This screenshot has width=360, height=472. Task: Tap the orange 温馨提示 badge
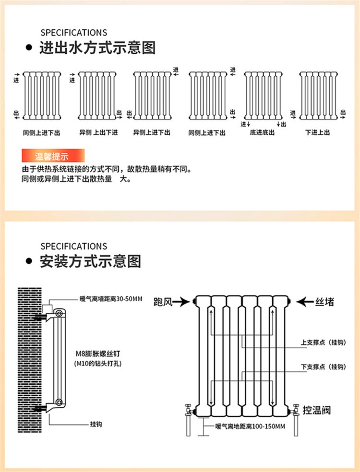click(52, 156)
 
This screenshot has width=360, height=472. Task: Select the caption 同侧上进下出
click(42, 132)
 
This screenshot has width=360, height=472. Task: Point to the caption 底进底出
click(262, 132)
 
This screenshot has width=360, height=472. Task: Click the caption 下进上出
click(317, 132)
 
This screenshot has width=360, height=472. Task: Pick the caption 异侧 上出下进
click(98, 132)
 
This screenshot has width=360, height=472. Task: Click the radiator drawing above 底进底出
click(262, 95)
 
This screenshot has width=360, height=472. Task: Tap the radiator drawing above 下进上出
click(317, 95)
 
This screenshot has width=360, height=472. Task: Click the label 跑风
click(162, 302)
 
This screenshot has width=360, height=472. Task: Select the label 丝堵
click(324, 302)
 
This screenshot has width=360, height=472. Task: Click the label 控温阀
click(317, 410)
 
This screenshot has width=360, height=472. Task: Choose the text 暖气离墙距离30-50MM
click(111, 299)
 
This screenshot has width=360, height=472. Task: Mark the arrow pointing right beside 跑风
click(182, 302)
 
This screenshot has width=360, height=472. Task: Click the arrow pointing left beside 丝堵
click(304, 302)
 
